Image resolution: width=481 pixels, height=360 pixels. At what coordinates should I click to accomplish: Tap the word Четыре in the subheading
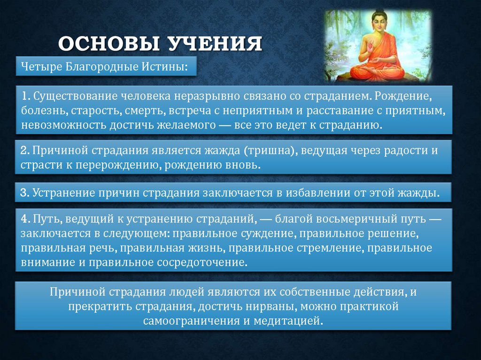[38, 67]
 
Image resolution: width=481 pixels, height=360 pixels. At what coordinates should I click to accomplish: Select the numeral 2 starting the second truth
[23, 151]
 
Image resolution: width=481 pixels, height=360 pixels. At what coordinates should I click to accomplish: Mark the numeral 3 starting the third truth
[23, 193]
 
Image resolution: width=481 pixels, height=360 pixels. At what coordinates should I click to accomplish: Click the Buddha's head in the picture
[379, 22]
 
